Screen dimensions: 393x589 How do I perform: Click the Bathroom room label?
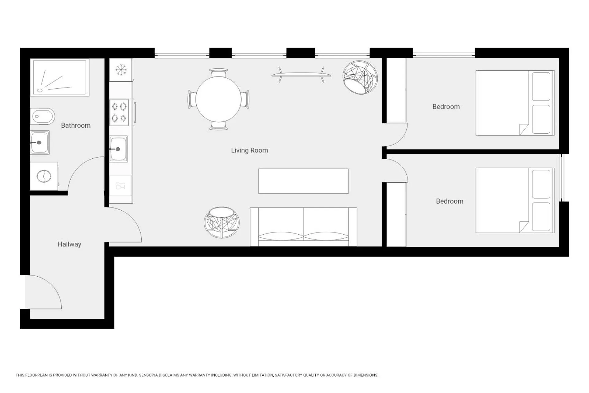(x=75, y=125)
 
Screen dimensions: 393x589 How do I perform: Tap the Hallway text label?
(x=69, y=244)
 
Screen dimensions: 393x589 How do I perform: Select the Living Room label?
(x=249, y=150)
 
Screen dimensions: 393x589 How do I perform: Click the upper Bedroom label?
(x=446, y=107)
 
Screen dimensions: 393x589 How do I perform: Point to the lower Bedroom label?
(x=449, y=201)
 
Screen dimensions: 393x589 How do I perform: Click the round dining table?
(x=218, y=99)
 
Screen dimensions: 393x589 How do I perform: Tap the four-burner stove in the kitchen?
(x=119, y=112)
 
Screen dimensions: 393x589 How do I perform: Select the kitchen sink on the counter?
(x=119, y=149)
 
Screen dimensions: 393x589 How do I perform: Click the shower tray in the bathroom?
(x=60, y=77)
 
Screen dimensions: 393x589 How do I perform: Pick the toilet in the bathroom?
(x=42, y=116)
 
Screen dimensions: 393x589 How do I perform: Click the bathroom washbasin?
(x=40, y=142)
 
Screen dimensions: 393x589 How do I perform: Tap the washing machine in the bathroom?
(x=44, y=176)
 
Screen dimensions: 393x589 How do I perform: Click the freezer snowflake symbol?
(x=121, y=70)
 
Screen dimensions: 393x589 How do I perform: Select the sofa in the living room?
(x=303, y=227)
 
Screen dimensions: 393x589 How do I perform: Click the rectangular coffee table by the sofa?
(x=303, y=181)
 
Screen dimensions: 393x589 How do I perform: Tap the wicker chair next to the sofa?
(x=221, y=222)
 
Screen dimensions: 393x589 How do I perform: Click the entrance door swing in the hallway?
(x=43, y=292)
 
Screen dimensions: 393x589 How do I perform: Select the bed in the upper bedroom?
(x=515, y=103)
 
